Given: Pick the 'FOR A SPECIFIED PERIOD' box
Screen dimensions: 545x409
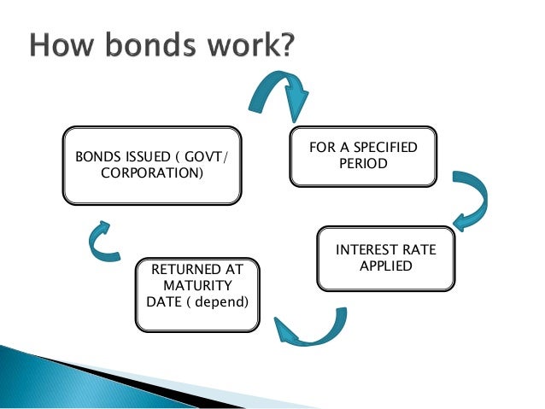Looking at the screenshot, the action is [x=363, y=156].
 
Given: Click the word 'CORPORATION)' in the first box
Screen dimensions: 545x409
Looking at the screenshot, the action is [x=152, y=174].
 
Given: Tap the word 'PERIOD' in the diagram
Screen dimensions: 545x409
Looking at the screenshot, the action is [x=363, y=163].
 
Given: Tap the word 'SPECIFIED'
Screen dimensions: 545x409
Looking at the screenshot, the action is [x=382, y=148].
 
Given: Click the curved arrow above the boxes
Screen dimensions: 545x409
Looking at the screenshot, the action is [x=278, y=94].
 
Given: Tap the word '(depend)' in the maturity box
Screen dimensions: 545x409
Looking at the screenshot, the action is [x=222, y=301].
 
